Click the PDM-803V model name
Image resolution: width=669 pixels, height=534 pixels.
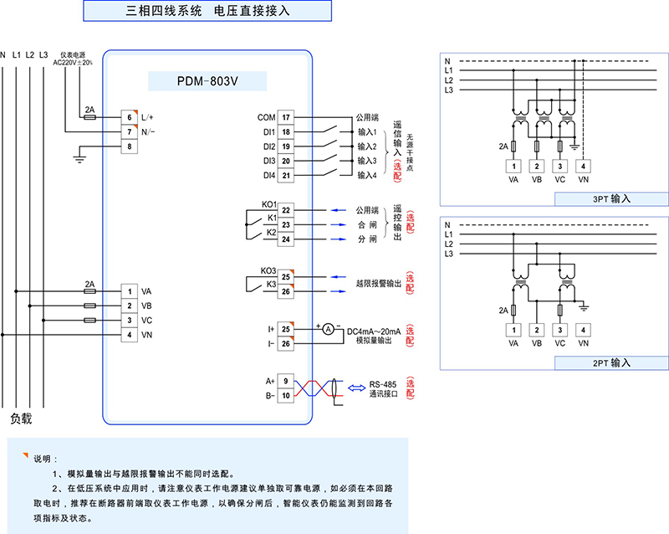207,82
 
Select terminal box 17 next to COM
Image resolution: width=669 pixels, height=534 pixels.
286,118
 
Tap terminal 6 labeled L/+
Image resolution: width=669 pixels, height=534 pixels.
130,118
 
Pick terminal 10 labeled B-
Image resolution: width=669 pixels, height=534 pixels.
286,395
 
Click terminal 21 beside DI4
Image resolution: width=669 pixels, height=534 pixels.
286,175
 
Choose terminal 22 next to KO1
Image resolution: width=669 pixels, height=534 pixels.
286,210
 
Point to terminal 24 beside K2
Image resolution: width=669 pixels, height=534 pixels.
286,240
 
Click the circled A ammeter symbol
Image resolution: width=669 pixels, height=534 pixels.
329,330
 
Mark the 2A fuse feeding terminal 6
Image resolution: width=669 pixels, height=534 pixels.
90,118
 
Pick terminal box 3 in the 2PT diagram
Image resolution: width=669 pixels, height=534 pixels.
560,330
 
